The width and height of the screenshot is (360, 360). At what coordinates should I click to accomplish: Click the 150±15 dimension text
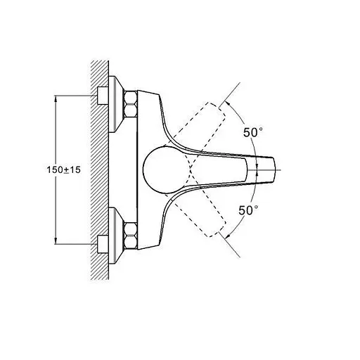tap(63, 169)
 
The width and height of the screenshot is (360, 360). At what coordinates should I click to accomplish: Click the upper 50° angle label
tap(252, 132)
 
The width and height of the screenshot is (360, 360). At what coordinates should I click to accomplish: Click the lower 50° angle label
tap(248, 210)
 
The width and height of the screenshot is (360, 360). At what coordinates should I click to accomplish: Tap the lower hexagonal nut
tap(131, 235)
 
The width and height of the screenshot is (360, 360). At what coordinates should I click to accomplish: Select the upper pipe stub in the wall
tap(103, 96)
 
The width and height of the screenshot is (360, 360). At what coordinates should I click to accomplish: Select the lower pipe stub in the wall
tap(103, 244)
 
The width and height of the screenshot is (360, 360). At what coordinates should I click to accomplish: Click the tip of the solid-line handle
tap(274, 169)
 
